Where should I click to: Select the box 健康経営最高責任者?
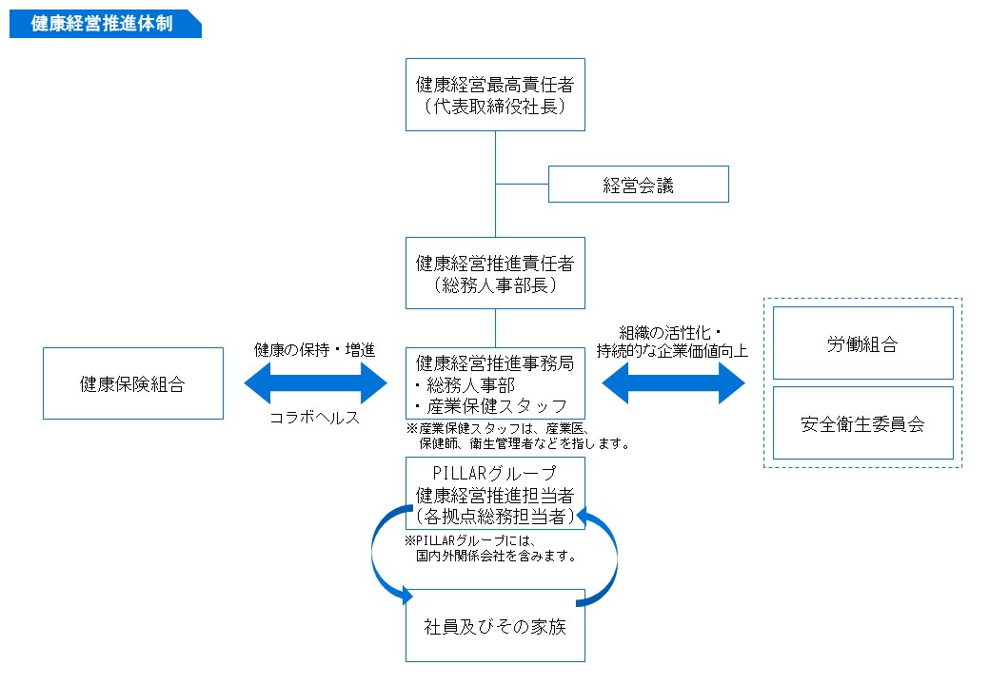[x=495, y=93]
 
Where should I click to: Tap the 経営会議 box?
[x=638, y=185]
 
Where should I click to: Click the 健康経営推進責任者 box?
[x=495, y=272]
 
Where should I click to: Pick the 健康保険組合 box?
[x=132, y=383]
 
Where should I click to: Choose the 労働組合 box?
[x=862, y=343]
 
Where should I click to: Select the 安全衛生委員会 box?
[x=862, y=423]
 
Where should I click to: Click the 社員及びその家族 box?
[x=495, y=626]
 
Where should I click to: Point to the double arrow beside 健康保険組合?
[x=316, y=384]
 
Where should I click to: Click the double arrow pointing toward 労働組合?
[x=673, y=383]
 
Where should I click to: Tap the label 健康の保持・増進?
[x=315, y=349]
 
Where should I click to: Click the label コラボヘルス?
[x=315, y=419]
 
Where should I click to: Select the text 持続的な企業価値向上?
[x=672, y=350]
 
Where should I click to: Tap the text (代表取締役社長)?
[x=495, y=106]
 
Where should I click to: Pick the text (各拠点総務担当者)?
[x=495, y=517]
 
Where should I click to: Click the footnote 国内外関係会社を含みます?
[x=496, y=556]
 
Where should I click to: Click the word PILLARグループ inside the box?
[x=494, y=473]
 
